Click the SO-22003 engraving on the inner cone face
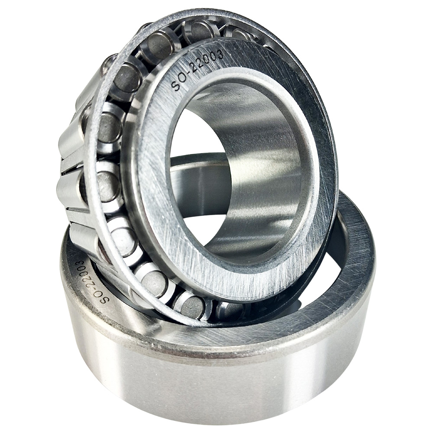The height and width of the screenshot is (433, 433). click(x=197, y=71)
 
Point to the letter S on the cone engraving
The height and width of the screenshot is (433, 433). click(x=176, y=87)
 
